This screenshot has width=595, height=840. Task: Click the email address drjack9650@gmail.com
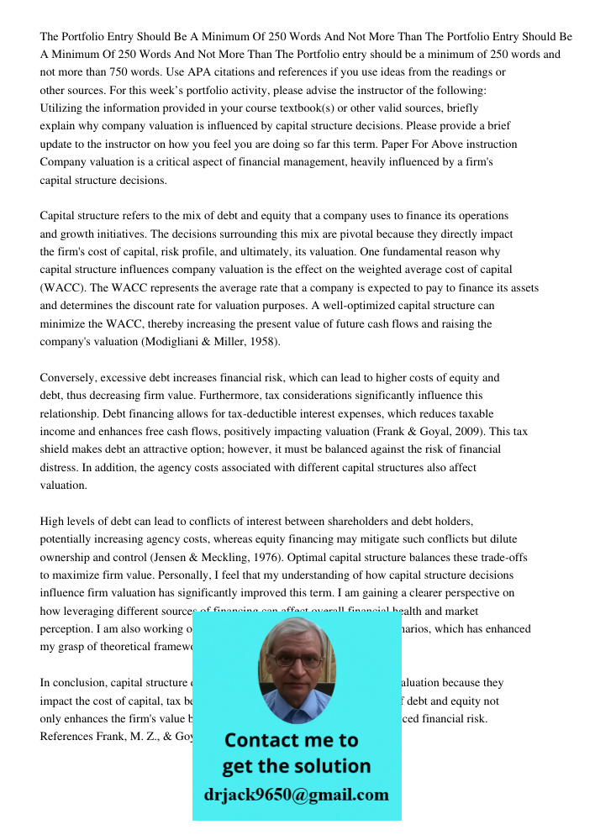coord(297,795)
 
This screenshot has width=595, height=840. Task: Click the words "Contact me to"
coord(291,740)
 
